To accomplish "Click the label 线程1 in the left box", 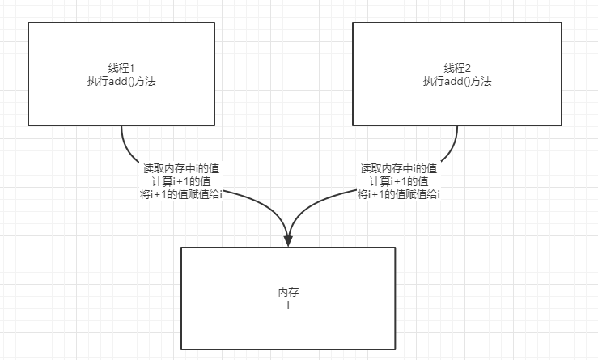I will [121, 68].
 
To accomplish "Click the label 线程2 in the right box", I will [457, 68].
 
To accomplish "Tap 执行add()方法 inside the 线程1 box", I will [121, 81].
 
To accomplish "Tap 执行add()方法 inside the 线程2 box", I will [457, 81].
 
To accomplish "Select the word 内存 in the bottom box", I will [288, 291].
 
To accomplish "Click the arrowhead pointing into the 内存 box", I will [288, 240].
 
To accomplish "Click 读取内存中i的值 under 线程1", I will [181, 168].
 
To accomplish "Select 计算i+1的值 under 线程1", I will [181, 181].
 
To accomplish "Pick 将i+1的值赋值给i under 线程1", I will [181, 194].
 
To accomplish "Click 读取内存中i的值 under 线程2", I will [399, 168].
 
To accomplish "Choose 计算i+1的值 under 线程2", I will [399, 181].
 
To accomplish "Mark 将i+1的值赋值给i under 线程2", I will [399, 194].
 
